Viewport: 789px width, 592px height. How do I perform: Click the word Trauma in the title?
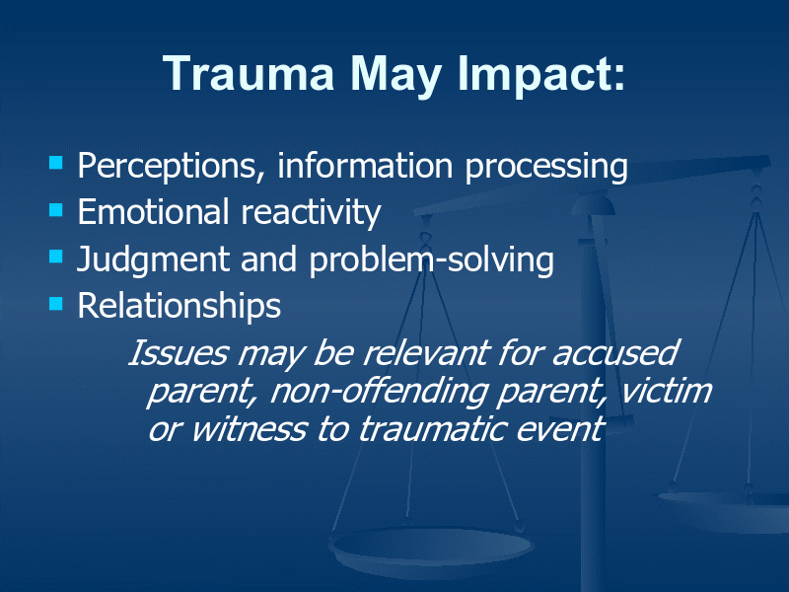click(250, 73)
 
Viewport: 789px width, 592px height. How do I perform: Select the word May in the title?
click(396, 76)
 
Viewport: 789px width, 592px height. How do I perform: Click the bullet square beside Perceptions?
click(56, 162)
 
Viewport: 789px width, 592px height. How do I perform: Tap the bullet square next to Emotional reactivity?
click(56, 209)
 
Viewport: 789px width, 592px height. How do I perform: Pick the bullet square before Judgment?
click(56, 257)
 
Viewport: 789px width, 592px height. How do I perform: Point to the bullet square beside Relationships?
click(56, 304)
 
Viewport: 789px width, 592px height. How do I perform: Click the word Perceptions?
click(171, 167)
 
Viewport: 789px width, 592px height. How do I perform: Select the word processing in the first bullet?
click(546, 168)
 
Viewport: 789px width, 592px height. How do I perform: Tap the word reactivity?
click(311, 213)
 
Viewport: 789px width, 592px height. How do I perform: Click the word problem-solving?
click(432, 260)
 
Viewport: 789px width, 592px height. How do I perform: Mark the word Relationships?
click(179, 306)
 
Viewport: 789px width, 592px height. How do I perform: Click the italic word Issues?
click(178, 352)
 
